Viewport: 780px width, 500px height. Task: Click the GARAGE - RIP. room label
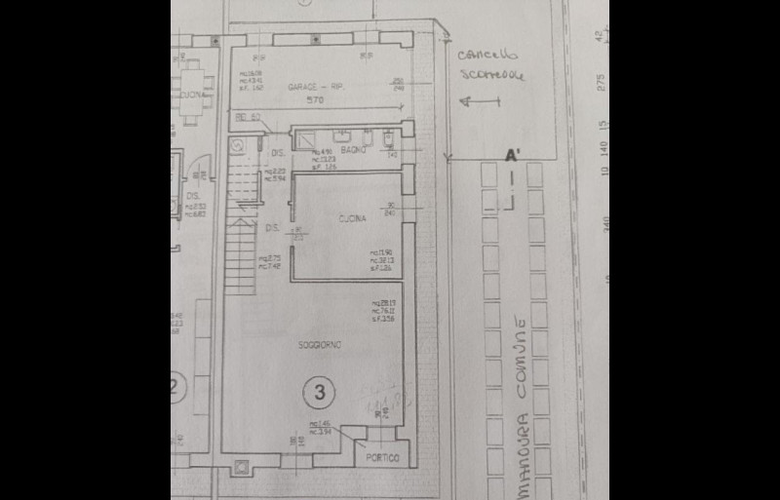(316, 87)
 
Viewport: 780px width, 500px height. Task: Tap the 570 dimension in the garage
(314, 100)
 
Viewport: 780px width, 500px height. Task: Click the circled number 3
(319, 392)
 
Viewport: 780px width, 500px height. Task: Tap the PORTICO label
(383, 457)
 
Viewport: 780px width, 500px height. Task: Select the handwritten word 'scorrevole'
(492, 75)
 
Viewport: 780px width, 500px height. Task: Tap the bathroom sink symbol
(343, 135)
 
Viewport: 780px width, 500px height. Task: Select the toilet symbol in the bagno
(387, 137)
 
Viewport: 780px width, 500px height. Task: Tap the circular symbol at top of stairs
(237, 144)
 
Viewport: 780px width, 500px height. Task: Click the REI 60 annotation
(248, 118)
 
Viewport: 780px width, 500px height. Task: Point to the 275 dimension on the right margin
(601, 83)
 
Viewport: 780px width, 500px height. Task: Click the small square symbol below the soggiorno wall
(241, 469)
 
